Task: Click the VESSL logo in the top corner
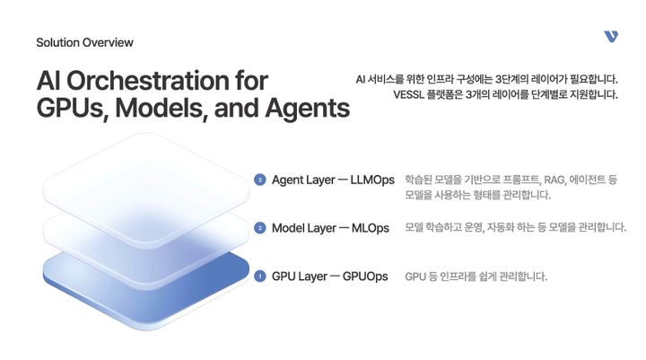pyautogui.click(x=611, y=36)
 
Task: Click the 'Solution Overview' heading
pyautogui.click(x=84, y=42)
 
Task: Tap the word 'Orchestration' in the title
pyautogui.click(x=167, y=81)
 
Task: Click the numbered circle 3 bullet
pyautogui.click(x=260, y=180)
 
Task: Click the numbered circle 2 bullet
pyautogui.click(x=260, y=228)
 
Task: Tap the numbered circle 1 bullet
pyautogui.click(x=260, y=277)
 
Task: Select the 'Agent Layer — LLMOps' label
pyautogui.click(x=333, y=180)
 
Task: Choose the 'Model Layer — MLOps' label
pyautogui.click(x=330, y=228)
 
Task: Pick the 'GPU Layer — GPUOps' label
pyautogui.click(x=329, y=277)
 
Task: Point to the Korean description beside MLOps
pyautogui.click(x=515, y=228)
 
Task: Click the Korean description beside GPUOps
pyautogui.click(x=476, y=277)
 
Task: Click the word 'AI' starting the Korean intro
pyautogui.click(x=362, y=79)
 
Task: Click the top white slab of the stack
pyautogui.click(x=144, y=175)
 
